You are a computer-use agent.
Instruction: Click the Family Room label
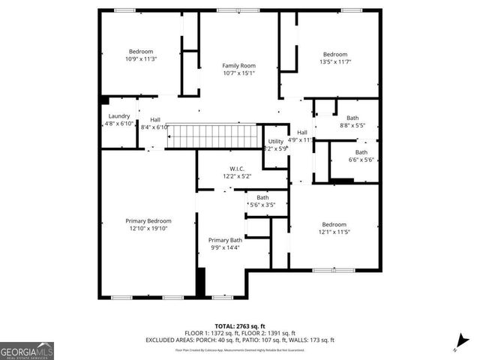(x=238, y=66)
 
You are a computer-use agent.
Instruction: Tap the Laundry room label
(x=119, y=116)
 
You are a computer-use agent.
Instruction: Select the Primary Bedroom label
(x=148, y=221)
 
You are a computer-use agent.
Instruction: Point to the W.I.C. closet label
(x=237, y=169)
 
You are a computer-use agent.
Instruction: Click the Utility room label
(x=276, y=141)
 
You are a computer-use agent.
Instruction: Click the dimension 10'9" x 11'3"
(x=141, y=58)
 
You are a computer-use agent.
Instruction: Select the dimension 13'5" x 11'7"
(x=335, y=61)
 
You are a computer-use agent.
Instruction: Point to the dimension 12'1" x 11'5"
(x=334, y=232)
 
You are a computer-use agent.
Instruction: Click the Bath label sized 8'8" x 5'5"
(x=352, y=118)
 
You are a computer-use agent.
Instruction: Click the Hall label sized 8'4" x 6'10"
(x=155, y=120)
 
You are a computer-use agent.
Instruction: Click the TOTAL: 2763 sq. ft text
(x=241, y=326)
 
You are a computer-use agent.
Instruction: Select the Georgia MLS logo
(x=27, y=351)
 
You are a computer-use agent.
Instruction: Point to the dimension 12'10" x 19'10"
(x=148, y=229)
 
